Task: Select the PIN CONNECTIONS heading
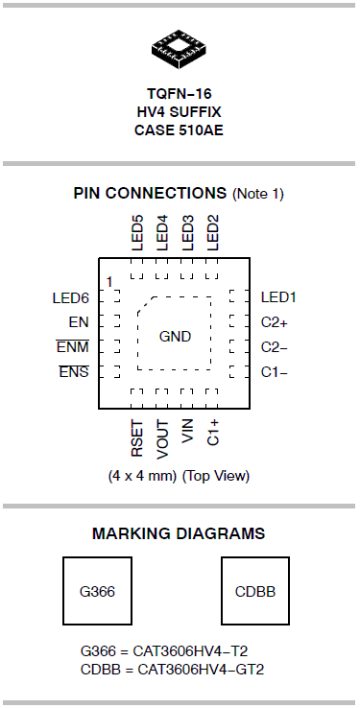coord(151,194)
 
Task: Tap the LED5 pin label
coord(137,232)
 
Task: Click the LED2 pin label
coord(213,232)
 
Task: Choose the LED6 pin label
coord(70,298)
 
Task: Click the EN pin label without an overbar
coord(79,322)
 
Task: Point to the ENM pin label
coord(72,347)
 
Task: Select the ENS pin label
coord(74,371)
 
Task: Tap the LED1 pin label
coord(280,298)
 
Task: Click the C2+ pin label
coord(275,322)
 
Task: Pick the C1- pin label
coord(275,371)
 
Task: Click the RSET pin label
coord(137,437)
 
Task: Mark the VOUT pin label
coord(162,437)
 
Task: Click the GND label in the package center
coord(175,337)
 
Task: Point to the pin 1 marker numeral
coord(110,280)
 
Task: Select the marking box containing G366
coord(97,591)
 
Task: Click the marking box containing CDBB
coord(255,591)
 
